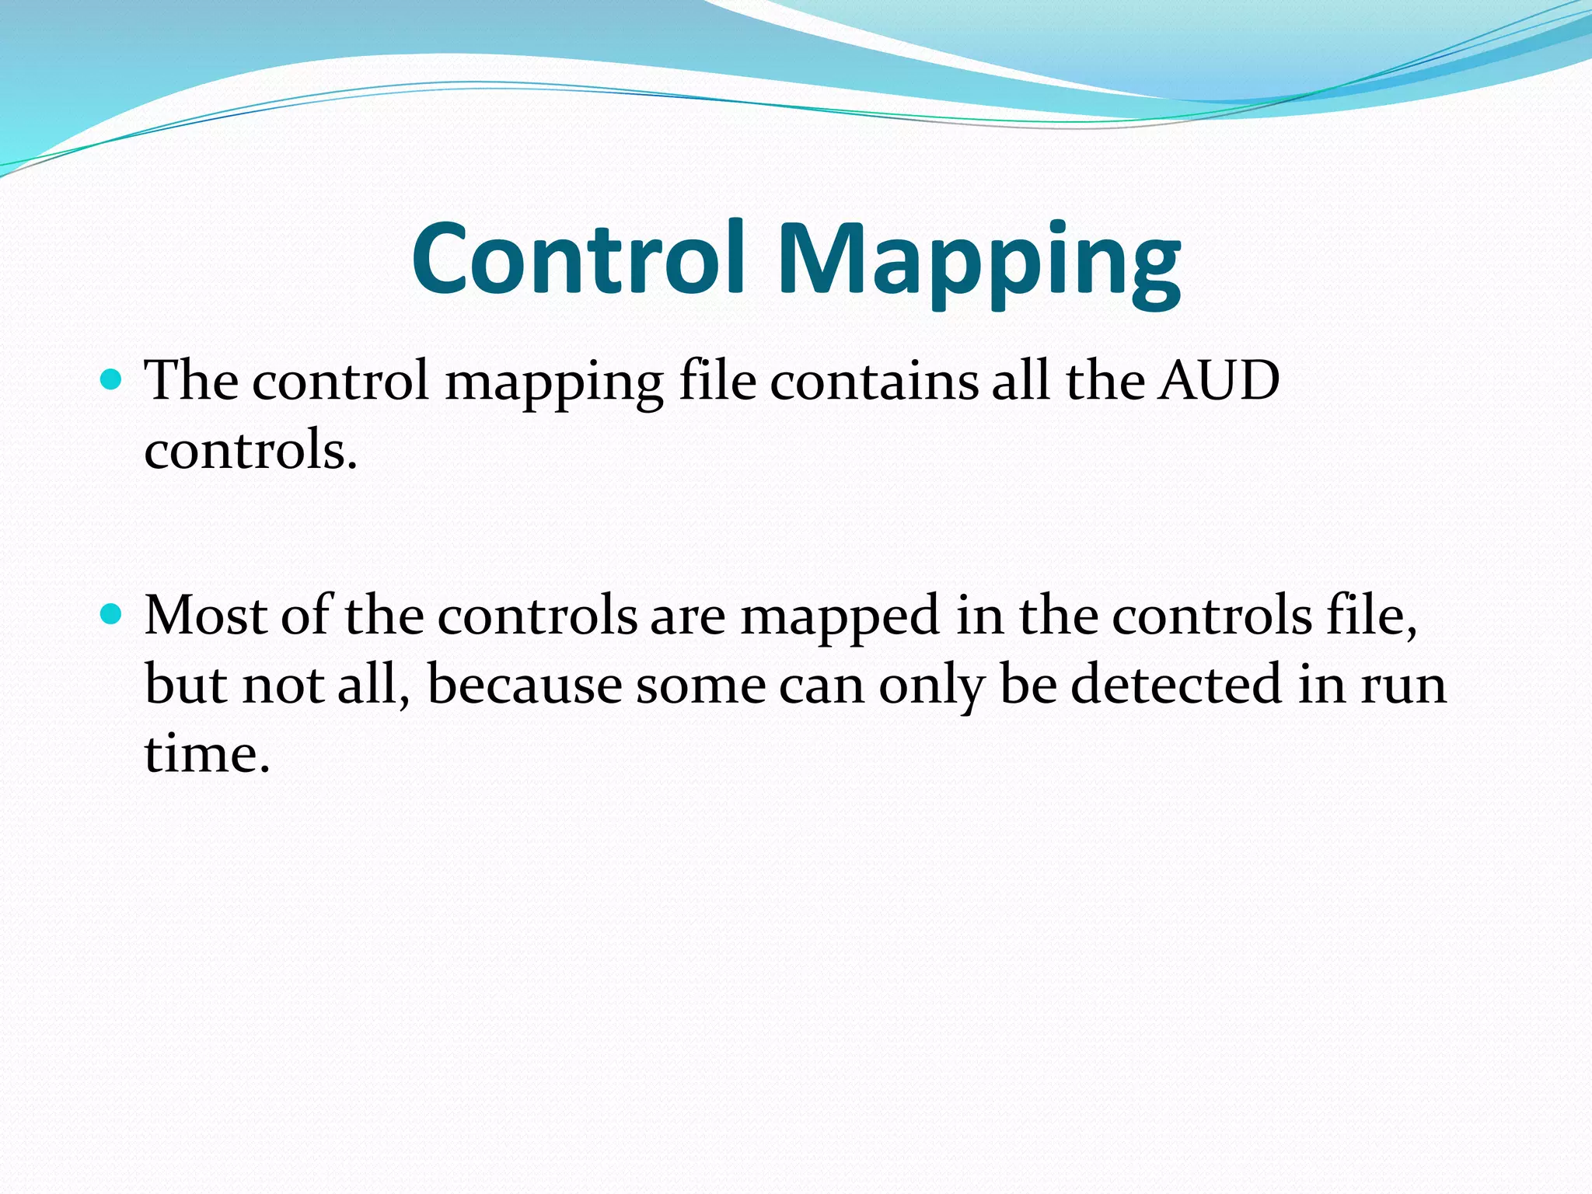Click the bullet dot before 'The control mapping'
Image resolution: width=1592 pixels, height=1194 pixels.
pyautogui.click(x=112, y=379)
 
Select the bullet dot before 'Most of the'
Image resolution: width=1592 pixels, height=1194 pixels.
pyautogui.click(x=112, y=615)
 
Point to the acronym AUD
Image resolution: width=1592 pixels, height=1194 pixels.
pyautogui.click(x=1218, y=381)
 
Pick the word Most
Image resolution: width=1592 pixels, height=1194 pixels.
pyautogui.click(x=206, y=616)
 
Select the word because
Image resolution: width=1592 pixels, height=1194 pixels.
pyautogui.click(x=524, y=686)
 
